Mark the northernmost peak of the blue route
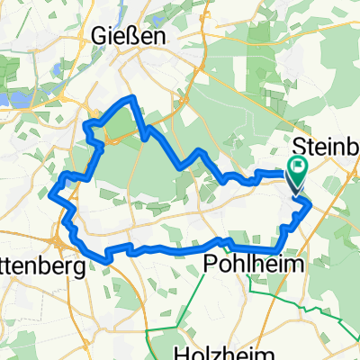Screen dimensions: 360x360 pyautogui.click(x=133, y=96)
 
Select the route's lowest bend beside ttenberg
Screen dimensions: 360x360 pyautogui.click(x=106, y=261)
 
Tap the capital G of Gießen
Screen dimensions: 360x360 pyautogui.click(x=100, y=37)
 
